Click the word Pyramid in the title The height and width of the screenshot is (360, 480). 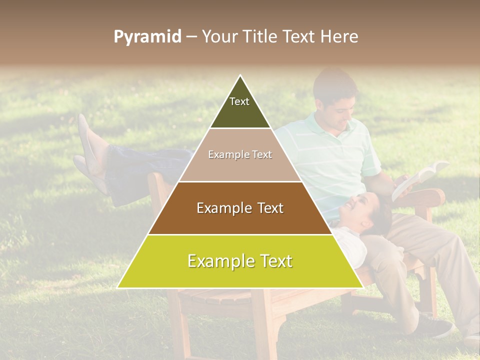(147, 37)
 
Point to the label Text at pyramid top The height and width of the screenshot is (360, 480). (239, 101)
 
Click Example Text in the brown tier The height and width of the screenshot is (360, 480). (240, 208)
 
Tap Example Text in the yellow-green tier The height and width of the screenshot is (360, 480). (240, 261)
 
